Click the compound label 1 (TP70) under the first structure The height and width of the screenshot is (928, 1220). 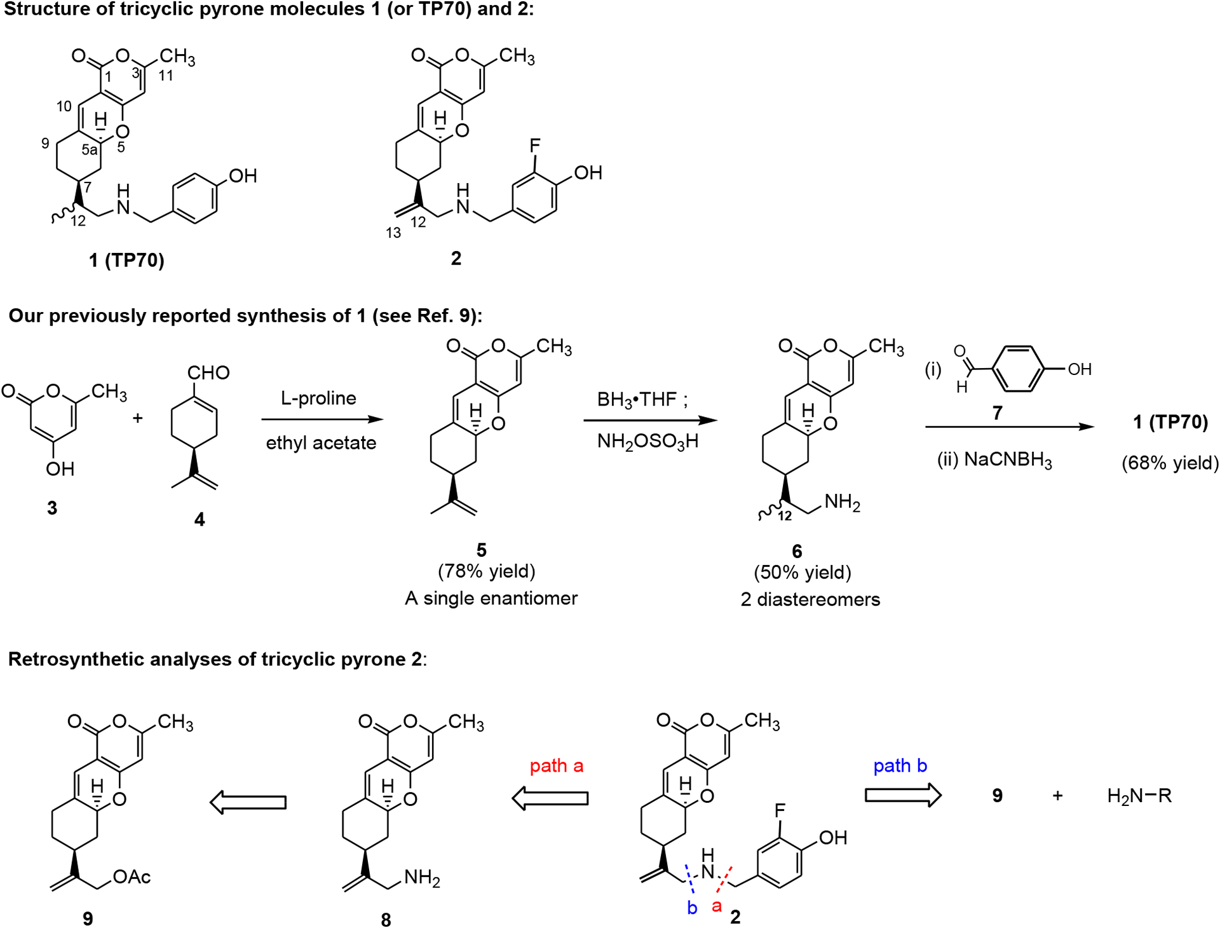126,260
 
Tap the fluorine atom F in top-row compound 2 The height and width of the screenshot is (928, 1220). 535,146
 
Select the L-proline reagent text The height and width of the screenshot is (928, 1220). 318,399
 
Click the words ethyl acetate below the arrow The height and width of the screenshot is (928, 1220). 321,442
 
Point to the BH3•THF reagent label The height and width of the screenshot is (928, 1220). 642,399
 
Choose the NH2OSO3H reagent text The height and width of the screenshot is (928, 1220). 647,441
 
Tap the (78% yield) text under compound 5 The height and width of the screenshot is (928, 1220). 487,571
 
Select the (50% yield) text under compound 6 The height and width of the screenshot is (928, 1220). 803,572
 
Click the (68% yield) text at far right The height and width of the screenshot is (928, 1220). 1170,463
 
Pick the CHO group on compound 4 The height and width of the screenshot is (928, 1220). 208,372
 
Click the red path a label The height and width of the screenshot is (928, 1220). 557,766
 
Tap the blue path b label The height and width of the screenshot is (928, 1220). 900,766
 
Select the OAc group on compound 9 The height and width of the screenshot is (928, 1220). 132,877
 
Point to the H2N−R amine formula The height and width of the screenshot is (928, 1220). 1139,796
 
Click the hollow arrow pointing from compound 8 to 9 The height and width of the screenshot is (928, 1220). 248,802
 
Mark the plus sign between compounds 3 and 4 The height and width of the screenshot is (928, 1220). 137,418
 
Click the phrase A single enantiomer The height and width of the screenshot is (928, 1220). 491,598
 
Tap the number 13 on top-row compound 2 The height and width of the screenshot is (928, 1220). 393,233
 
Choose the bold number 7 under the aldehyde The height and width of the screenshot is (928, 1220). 997,414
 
